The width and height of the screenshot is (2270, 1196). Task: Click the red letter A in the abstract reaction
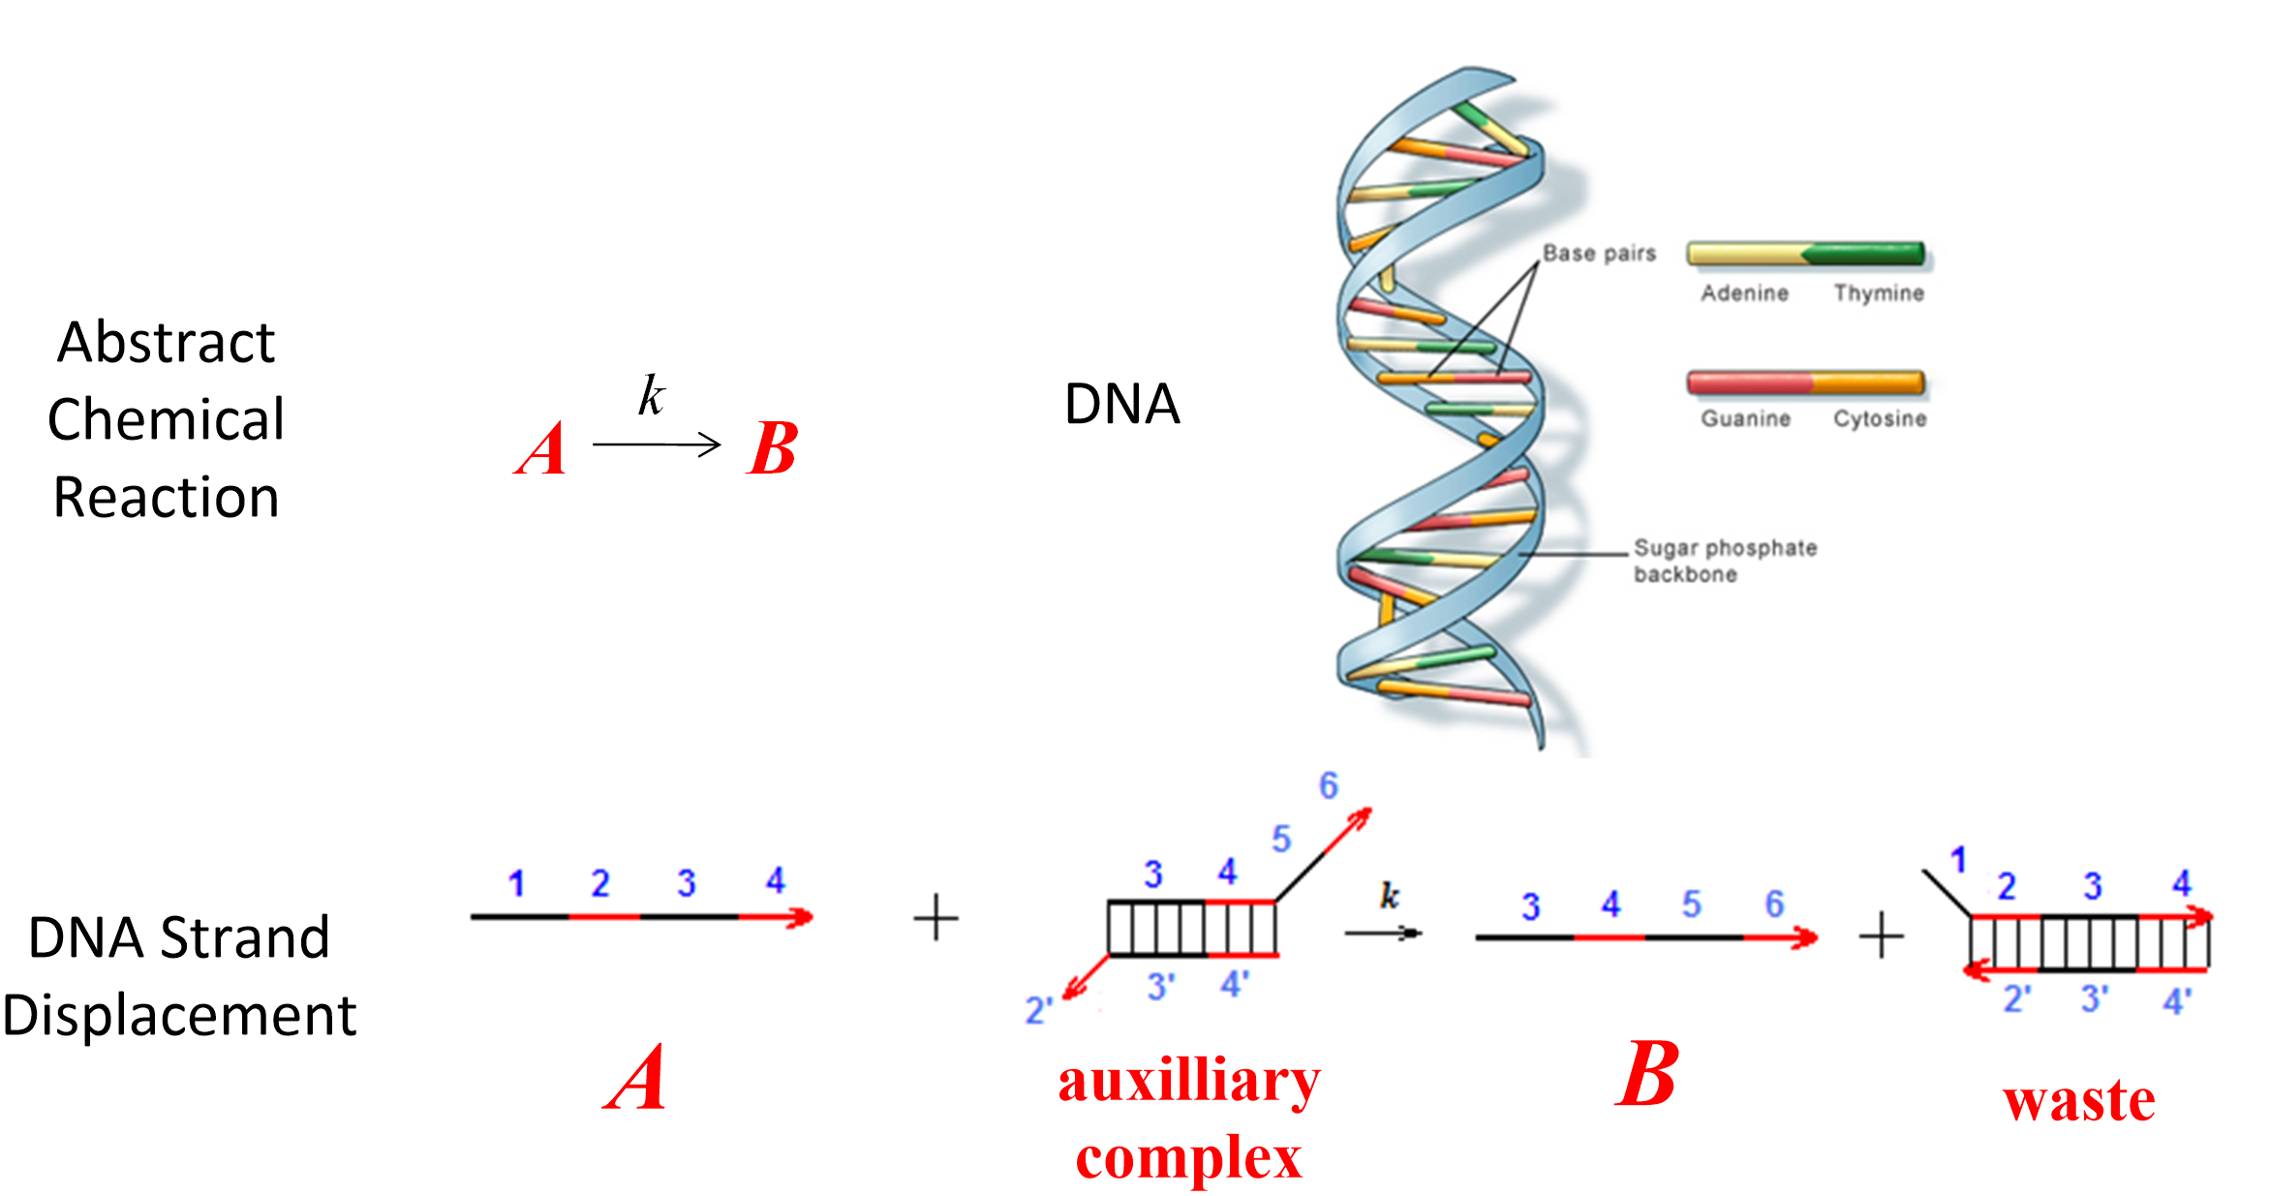[x=540, y=449]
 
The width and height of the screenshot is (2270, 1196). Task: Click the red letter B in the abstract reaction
[x=772, y=449]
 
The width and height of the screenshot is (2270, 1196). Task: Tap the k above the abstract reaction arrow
[x=651, y=395]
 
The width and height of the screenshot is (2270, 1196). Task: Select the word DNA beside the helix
[x=1121, y=404]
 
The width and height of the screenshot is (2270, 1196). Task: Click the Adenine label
[x=1744, y=293]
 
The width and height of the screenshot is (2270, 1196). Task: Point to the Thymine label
[x=1878, y=293]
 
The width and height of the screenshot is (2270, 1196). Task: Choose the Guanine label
[x=1745, y=418]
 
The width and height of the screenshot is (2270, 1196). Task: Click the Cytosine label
[x=1880, y=418]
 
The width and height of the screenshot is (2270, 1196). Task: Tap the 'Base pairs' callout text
[x=1599, y=254]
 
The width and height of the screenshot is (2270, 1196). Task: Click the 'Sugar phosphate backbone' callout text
[x=1724, y=561]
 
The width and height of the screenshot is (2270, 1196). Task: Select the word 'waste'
[x=2079, y=1100]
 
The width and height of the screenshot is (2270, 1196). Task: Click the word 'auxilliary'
[x=1189, y=1081]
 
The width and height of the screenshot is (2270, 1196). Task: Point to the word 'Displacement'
[x=180, y=1016]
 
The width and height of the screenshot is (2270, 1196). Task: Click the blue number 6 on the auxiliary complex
[x=1329, y=785]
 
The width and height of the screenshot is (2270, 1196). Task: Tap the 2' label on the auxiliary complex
[x=1038, y=1011]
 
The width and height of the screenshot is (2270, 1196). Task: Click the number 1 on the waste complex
[x=1958, y=859]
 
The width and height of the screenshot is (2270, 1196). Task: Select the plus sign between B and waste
[x=1882, y=936]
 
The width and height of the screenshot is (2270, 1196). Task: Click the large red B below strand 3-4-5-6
[x=1646, y=1075]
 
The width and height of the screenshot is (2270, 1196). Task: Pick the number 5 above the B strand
[x=1691, y=905]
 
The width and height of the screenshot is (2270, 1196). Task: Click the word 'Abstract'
[x=166, y=343]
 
